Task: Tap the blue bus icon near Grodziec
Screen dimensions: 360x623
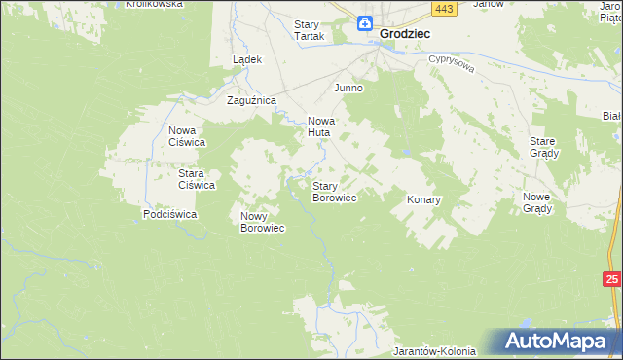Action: pos(363,23)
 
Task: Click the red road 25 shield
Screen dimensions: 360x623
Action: pos(611,280)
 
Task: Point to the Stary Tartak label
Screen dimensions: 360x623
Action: pos(313,31)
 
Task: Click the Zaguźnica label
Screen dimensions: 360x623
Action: pos(252,100)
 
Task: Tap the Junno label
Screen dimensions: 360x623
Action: pos(348,88)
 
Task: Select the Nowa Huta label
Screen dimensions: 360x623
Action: pos(320,126)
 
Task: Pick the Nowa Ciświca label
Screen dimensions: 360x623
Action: pos(186,136)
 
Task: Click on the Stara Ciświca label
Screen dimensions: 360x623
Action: pos(196,179)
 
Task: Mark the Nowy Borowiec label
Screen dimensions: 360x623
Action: pos(262,222)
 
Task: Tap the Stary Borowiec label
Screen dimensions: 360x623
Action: pos(334,192)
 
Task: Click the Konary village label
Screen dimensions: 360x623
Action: pos(423,199)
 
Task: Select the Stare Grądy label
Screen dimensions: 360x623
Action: pos(542,147)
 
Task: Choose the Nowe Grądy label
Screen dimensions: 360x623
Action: pos(537,202)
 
